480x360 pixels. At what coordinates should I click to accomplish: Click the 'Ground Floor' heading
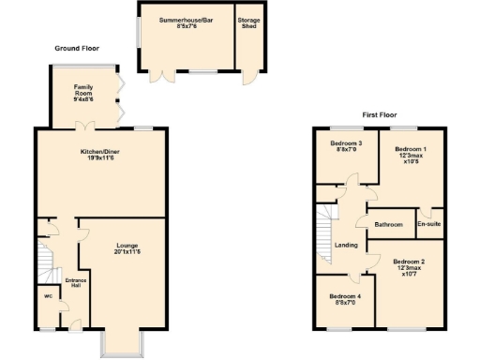[x=77, y=48]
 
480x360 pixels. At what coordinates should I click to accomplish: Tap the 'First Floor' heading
[x=381, y=115]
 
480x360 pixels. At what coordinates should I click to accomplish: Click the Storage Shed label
[x=248, y=22]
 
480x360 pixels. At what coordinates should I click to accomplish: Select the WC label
[x=48, y=297]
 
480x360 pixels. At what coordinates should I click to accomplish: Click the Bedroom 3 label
[x=346, y=146]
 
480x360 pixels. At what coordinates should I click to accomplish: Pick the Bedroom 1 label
[x=410, y=155]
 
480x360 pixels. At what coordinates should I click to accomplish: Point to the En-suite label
[x=428, y=225]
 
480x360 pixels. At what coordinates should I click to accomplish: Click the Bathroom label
[x=388, y=225]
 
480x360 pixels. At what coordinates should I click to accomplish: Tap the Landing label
[x=346, y=246]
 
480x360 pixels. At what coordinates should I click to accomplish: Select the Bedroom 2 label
[x=409, y=267]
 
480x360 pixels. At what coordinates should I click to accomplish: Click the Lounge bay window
[x=122, y=344]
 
